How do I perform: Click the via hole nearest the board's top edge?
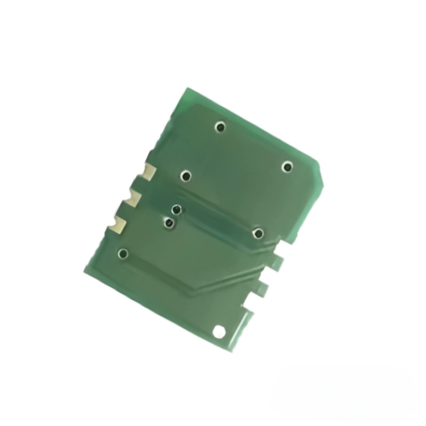coord(220,127)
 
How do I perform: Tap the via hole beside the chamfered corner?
coord(288,167)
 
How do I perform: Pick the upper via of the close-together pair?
coord(177,210)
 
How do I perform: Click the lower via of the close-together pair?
coord(169,223)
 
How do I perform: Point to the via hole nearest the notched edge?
coord(258,233)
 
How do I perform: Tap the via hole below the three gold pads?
coord(124,253)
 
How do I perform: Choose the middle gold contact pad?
coord(133,199)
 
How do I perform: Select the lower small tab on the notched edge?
coord(262,288)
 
